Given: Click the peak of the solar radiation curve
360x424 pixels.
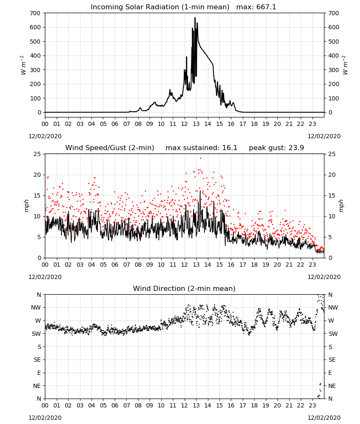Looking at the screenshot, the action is point(195,18).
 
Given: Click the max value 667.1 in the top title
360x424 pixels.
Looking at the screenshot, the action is point(266,7).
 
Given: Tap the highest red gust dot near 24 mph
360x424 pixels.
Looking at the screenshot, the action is point(200,159).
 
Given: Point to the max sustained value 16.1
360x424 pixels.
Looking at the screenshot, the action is point(230,148).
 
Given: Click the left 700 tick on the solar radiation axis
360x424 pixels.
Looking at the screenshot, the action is point(36,13).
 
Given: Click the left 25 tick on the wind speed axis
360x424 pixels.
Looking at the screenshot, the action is point(37,154).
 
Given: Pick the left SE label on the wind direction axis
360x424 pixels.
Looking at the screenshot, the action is point(37,360).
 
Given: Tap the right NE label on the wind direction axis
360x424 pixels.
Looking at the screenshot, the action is point(332,386).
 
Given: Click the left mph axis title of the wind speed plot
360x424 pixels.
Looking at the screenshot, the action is point(26,206).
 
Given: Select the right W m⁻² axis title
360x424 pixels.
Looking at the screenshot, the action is point(345,65).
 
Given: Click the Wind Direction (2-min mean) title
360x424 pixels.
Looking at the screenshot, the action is point(184,288).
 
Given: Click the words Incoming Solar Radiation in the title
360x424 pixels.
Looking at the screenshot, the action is point(135,7).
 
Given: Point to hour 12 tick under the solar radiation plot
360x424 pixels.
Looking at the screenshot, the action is point(185,124).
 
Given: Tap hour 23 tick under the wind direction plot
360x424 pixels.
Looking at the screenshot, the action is point(312,405).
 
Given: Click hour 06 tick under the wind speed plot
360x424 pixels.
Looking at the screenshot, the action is point(115,265).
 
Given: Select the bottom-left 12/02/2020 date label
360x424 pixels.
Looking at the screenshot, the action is point(45,418).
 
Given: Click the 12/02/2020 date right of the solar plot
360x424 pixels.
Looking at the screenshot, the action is point(324,136).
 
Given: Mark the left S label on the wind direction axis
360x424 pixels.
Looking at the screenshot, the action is point(39,347).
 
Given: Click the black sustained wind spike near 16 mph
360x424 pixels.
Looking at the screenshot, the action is point(200,192).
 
